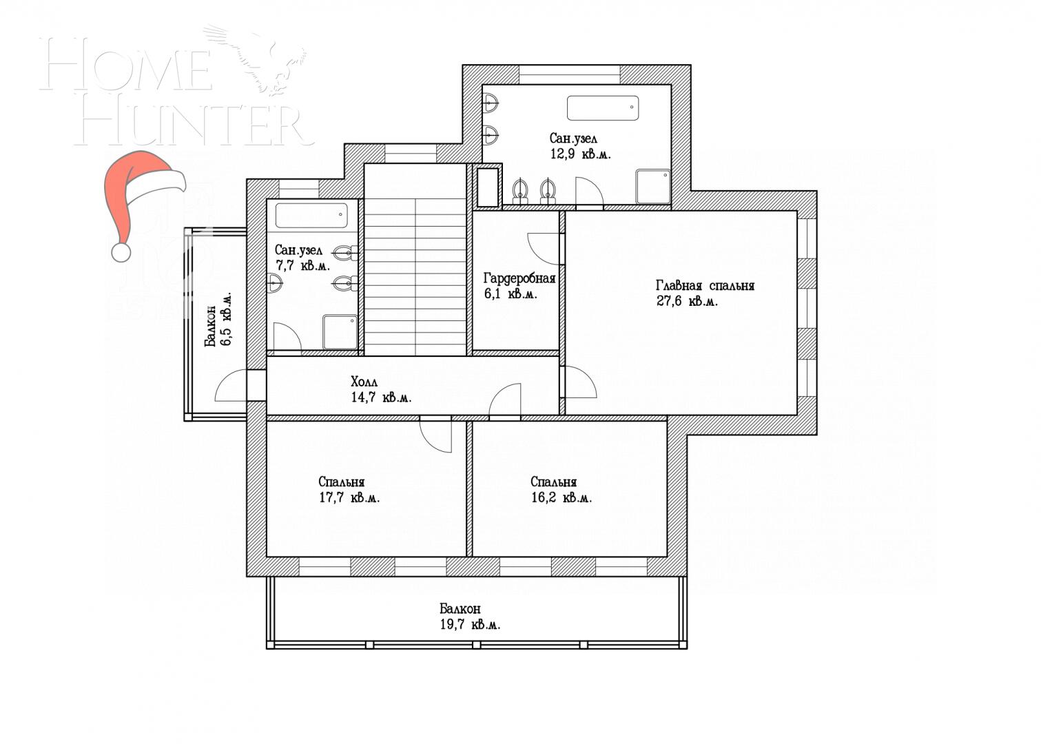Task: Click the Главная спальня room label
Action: [x=705, y=285]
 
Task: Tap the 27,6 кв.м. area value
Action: [x=686, y=301]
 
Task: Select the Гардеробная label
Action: [x=519, y=278]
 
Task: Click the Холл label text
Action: [x=364, y=382]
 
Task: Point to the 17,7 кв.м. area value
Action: [x=349, y=497]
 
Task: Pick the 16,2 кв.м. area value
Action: [x=561, y=497]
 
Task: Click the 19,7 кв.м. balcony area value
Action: [x=470, y=625]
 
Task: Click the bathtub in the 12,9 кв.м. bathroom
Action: [x=602, y=108]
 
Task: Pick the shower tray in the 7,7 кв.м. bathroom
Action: [x=340, y=332]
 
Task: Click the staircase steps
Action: [x=416, y=276]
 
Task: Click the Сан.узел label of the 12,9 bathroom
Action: [x=573, y=138]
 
